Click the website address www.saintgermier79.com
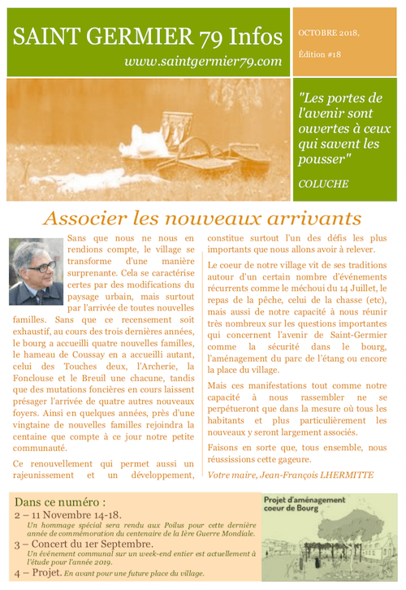(x=203, y=61)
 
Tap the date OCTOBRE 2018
(x=327, y=33)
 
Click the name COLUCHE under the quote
(x=325, y=183)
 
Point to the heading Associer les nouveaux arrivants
(x=202, y=218)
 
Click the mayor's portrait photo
(x=36, y=272)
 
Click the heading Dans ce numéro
(x=60, y=502)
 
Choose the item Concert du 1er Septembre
(x=89, y=543)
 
